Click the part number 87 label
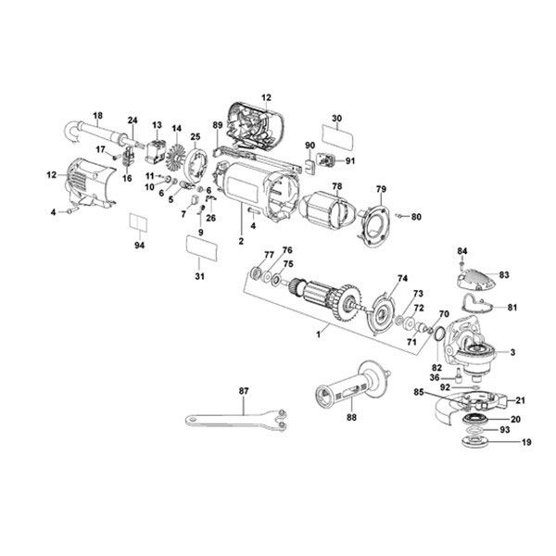coord(244,391)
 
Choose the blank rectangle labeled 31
coord(202,250)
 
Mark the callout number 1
coord(321,332)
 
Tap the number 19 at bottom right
coord(526,443)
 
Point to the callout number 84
coord(462,250)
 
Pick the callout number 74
coord(402,278)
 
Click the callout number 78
coord(337,186)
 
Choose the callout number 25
coord(195,136)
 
